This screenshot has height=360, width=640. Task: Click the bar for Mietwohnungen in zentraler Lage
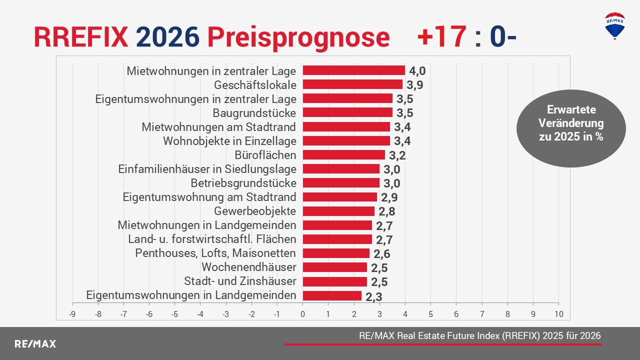pyautogui.click(x=353, y=70)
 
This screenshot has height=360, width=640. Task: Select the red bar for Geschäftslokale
pyautogui.click(x=352, y=84)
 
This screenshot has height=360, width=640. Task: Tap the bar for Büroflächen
pyautogui.click(x=343, y=155)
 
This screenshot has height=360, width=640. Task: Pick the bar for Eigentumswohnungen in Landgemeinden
pyautogui.click(x=332, y=295)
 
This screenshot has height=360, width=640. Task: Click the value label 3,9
pyautogui.click(x=415, y=85)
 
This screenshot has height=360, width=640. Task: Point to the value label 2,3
pyautogui.click(x=374, y=296)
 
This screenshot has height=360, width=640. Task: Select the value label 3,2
pyautogui.click(x=397, y=155)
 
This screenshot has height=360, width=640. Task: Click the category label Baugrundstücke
pyautogui.click(x=254, y=113)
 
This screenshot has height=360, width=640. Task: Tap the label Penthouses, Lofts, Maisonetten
pyautogui.click(x=215, y=253)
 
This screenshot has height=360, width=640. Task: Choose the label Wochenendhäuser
pyautogui.click(x=248, y=267)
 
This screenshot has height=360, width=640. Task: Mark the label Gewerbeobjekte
pyautogui.click(x=255, y=211)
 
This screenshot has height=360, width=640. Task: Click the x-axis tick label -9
pyautogui.click(x=72, y=314)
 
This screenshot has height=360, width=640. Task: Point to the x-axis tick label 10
pyautogui.click(x=558, y=314)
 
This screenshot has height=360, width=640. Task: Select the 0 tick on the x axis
pyautogui.click(x=302, y=314)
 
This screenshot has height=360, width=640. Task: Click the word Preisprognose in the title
pyautogui.click(x=298, y=37)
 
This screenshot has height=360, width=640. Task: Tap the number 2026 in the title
pyautogui.click(x=168, y=37)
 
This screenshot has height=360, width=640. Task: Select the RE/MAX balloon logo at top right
pyautogui.click(x=614, y=25)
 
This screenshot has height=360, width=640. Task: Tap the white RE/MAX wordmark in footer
pyautogui.click(x=35, y=344)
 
